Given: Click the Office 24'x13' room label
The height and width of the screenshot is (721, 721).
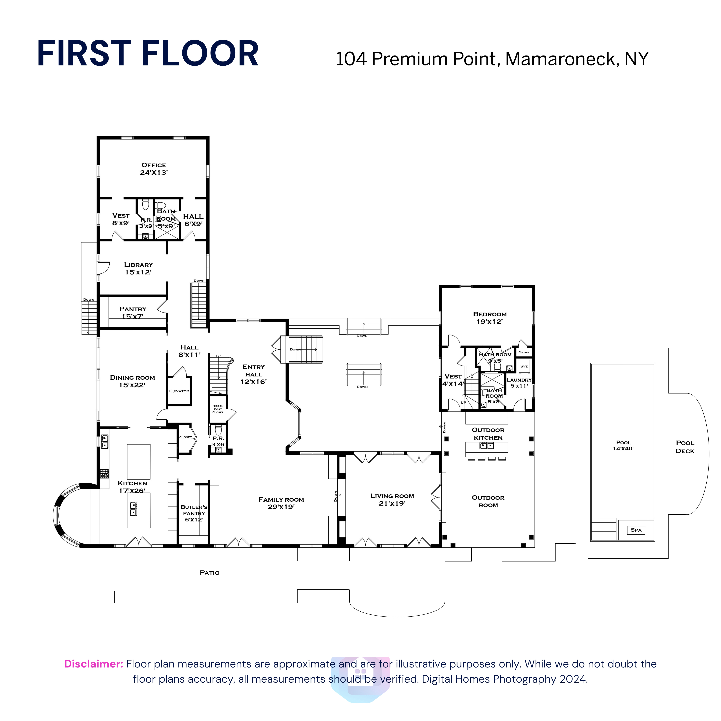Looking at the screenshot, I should [x=154, y=169].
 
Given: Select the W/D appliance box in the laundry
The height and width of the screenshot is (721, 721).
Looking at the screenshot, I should [x=524, y=366].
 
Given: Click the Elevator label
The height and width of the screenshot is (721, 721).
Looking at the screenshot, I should [x=179, y=391].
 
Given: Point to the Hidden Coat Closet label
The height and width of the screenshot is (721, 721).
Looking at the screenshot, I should [x=218, y=409].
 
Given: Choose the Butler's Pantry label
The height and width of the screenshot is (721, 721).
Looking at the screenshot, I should [x=194, y=513].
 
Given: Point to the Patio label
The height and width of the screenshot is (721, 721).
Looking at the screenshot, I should [x=210, y=572].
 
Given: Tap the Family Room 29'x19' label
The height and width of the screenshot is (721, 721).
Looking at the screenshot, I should [x=281, y=503].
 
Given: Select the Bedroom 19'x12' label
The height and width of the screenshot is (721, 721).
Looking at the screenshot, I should [x=490, y=318].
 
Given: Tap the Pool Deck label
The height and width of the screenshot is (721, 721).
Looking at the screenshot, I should [x=685, y=447].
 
